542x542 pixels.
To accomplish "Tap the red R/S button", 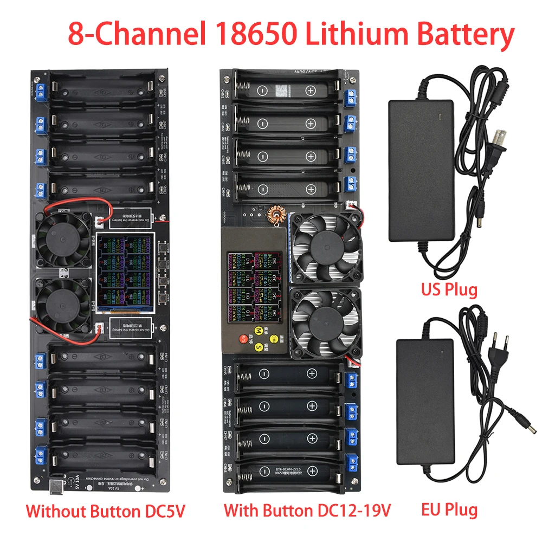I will click(244, 339).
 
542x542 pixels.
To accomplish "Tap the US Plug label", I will click(449, 289).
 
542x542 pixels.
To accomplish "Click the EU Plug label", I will click(449, 509).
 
